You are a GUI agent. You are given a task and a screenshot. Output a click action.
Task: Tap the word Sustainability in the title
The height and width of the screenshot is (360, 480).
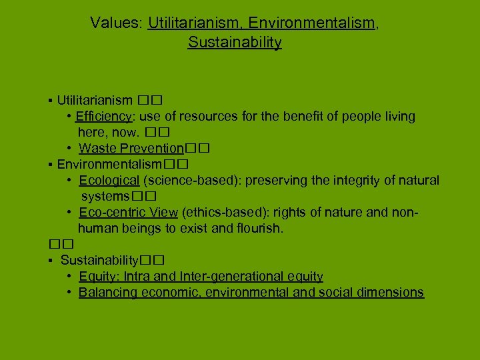pyautogui.click(x=235, y=43)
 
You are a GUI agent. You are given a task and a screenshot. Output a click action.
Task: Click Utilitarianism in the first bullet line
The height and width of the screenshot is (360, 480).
pyautogui.click(x=95, y=101)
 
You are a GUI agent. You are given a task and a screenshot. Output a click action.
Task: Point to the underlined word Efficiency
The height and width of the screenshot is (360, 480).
pyautogui.click(x=104, y=117)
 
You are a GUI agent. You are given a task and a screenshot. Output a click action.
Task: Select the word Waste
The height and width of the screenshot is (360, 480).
pyautogui.click(x=97, y=148)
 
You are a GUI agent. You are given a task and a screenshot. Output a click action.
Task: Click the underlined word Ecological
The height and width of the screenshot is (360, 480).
pyautogui.click(x=109, y=180)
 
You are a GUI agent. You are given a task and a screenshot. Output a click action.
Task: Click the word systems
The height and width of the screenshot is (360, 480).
pyautogui.click(x=105, y=196)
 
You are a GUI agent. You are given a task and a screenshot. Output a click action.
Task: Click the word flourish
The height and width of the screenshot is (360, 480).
pyautogui.click(x=259, y=228)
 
